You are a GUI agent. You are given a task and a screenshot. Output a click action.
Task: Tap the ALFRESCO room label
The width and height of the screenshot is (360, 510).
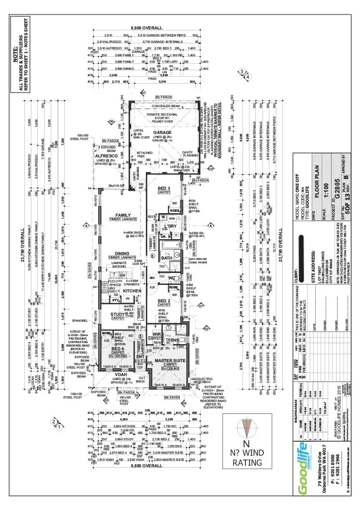click(x=106, y=155)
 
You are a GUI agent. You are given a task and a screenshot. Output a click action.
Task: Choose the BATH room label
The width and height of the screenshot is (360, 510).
click(x=167, y=258)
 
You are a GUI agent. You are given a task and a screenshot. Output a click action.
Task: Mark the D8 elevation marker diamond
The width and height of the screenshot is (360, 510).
click(x=211, y=169)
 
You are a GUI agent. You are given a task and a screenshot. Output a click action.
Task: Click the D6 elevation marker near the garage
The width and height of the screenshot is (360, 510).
click(x=112, y=122)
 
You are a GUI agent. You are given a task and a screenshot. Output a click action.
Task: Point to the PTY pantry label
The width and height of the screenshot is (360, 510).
click(x=116, y=300)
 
